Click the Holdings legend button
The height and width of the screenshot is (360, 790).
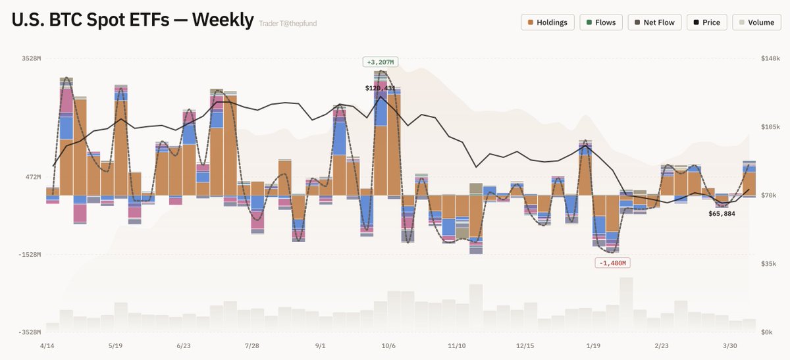coord(548,22)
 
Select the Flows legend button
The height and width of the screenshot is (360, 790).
coord(600,22)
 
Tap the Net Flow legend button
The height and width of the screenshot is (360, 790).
coord(654,22)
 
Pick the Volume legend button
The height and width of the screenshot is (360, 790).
coord(755,22)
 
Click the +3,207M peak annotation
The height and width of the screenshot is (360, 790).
coord(380,63)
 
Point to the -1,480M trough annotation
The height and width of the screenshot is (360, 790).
coord(613,263)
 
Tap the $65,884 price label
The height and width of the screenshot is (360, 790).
coord(722,214)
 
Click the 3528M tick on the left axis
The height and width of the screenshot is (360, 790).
coord(31,59)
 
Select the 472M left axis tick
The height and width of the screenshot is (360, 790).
coord(33,177)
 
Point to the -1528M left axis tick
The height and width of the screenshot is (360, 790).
coord(30,254)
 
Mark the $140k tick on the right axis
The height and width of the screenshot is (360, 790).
coord(770,59)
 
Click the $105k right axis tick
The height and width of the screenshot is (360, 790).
coord(770,127)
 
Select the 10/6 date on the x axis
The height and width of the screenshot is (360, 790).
coord(388,346)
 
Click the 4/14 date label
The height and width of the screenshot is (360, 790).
coord(47,346)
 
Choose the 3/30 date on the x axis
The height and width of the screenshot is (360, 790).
coord(730,346)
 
